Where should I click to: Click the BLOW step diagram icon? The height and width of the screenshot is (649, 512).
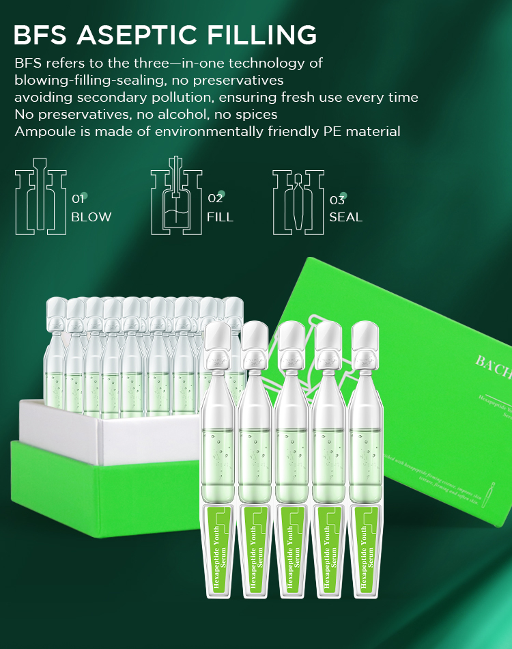tap(40, 202)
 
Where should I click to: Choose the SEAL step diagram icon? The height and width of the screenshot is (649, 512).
tap(298, 202)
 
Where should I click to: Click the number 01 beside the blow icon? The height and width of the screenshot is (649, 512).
tap(78, 199)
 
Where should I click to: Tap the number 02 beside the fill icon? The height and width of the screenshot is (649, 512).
tap(215, 199)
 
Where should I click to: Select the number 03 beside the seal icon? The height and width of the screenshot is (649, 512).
tap(337, 200)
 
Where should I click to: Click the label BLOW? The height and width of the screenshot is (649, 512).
tap(91, 217)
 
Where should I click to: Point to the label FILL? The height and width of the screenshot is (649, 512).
tap(220, 217)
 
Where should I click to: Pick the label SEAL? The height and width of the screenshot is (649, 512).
tap(345, 217)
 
